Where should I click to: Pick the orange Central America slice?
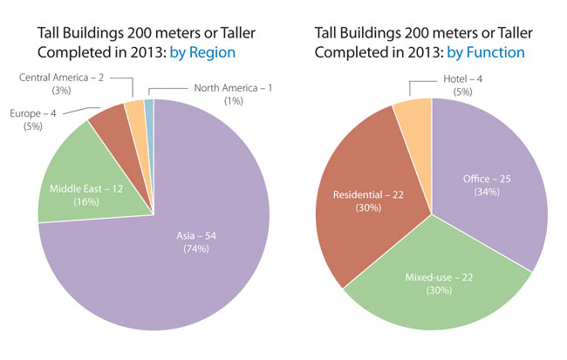pyautogui.click(x=135, y=113)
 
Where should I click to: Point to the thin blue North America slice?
pyautogui.click(x=149, y=108)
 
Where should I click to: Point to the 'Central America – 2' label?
pyautogui.click(x=63, y=78)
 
